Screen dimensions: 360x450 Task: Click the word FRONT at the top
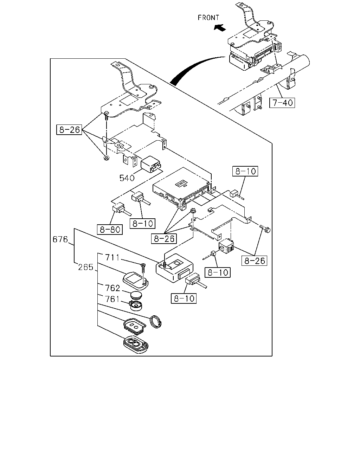tap(208, 18)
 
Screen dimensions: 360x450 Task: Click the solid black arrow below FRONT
tap(220, 27)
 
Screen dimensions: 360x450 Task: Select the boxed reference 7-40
tap(282, 103)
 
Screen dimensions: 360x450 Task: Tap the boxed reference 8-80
tap(110, 229)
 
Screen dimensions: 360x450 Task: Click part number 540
tap(127, 178)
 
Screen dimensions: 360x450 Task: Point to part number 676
tap(60, 239)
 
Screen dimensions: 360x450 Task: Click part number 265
tap(85, 267)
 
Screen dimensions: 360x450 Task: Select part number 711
tap(112, 257)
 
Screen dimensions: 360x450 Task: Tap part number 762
tap(112, 288)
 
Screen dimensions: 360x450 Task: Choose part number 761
tap(112, 299)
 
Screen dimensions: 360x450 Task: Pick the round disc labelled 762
tap(136, 295)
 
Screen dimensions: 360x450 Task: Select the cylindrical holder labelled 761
tap(136, 306)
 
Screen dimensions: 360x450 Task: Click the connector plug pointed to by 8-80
tap(118, 209)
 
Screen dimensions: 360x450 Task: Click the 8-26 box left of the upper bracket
tap(69, 130)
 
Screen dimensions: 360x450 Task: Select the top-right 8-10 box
tap(245, 171)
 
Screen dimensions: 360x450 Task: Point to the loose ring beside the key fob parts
tap(156, 321)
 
